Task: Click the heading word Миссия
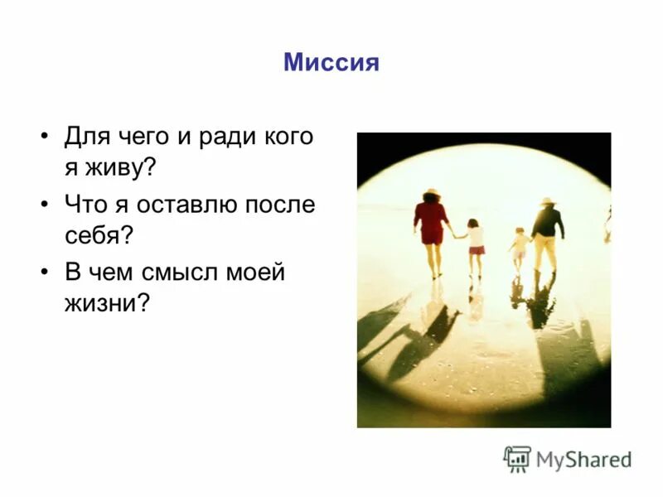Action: [x=331, y=62]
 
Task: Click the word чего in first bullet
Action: [x=147, y=136]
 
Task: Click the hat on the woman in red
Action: [x=431, y=194]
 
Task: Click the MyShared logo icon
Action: [x=517, y=458]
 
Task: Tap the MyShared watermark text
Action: [x=583, y=459]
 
